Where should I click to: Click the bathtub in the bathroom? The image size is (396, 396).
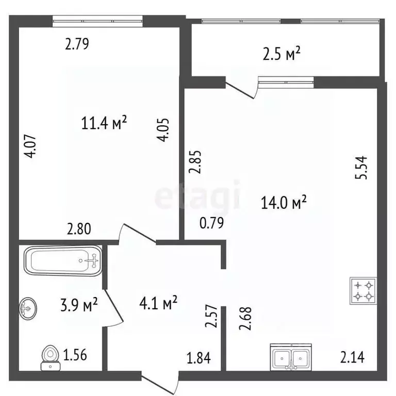63,260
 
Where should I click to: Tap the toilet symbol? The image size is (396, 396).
51,358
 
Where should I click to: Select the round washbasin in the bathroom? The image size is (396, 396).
28,308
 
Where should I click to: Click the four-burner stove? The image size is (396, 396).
363,291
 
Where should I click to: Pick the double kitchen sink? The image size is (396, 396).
291,357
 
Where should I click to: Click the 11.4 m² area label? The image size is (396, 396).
104,123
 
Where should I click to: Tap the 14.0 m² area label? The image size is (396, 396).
284,202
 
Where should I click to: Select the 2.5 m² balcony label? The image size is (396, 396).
282,54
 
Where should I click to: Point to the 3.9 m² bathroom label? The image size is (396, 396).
79,304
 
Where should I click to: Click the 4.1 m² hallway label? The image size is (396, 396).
158,303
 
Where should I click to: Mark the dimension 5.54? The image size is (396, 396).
361,168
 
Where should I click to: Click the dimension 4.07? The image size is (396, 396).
30,147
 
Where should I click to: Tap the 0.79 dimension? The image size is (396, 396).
211,223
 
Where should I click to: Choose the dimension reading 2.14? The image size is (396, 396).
352,357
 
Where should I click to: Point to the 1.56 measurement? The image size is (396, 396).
75,355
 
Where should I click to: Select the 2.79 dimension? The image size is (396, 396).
77,44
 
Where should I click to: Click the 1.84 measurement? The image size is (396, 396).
199,358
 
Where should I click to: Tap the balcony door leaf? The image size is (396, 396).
239,90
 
